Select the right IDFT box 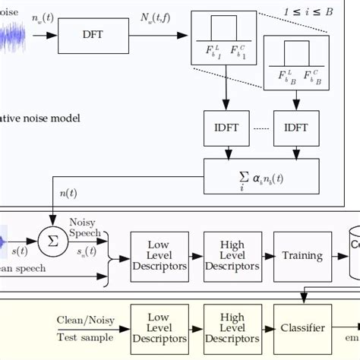(296, 129)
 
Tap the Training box (302, 256)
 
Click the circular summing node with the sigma (53, 241)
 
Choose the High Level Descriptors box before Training (232, 256)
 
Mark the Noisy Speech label (83, 227)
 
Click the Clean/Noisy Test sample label (84, 328)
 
